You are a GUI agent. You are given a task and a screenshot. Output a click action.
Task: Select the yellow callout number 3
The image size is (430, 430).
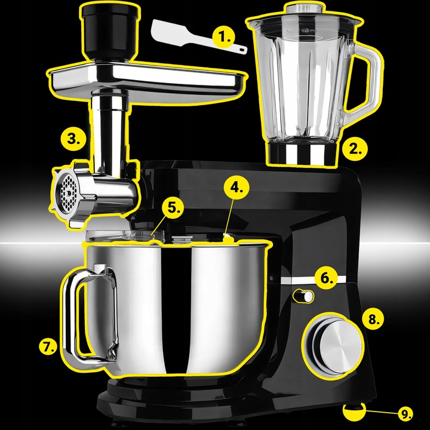(x=73, y=139)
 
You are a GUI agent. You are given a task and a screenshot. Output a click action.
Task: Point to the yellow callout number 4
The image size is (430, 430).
(x=236, y=188)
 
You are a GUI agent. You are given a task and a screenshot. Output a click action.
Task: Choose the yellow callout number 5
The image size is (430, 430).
(x=173, y=208)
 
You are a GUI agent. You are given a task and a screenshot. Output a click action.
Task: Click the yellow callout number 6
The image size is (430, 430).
(x=325, y=278)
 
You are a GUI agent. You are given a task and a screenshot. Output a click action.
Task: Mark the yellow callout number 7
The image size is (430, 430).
(x=48, y=346)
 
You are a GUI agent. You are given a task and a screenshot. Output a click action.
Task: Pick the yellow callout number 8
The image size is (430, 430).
(x=373, y=319)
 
